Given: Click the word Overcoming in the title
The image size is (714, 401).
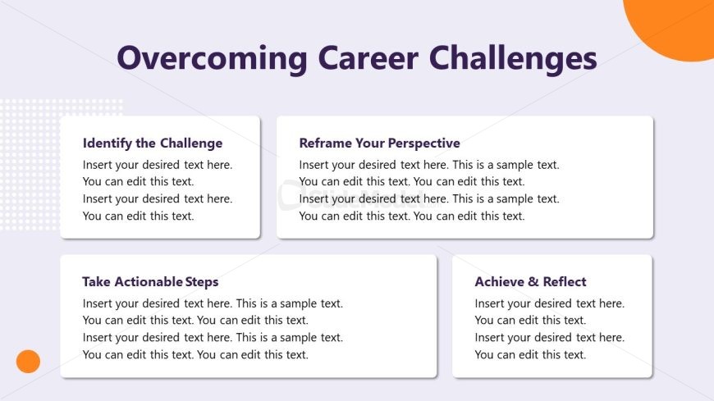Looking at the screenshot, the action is (213, 58).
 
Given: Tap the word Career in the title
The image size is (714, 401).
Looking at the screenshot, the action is (368, 57).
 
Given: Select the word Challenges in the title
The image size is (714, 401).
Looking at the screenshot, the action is (513, 58).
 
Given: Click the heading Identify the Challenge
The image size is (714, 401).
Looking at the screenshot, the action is (153, 143).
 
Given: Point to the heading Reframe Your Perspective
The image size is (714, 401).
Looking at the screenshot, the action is (379, 143).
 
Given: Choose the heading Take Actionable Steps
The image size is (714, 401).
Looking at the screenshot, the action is (150, 282).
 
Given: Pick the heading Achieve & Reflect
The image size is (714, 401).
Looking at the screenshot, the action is (530, 282).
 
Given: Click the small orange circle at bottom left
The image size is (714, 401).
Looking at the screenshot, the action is (28, 362).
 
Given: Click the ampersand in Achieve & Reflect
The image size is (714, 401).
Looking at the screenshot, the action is (533, 282).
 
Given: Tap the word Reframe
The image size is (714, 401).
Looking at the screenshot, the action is (326, 143).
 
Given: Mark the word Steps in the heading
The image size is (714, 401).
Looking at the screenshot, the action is (202, 282).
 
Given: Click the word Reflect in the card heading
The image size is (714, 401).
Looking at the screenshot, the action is (565, 282).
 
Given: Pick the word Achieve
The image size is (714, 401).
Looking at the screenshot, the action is (500, 282).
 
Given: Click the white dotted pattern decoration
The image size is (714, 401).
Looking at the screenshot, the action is (32, 164).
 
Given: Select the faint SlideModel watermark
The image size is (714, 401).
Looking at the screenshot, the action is (359, 196).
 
